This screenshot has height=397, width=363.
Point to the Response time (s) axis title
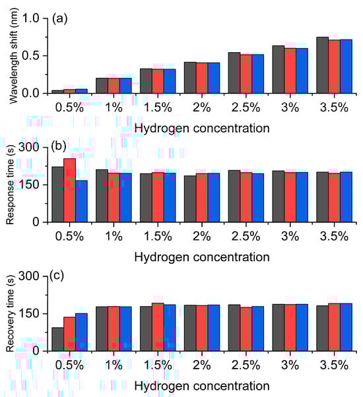11,185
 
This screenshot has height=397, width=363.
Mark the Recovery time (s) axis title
11,313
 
